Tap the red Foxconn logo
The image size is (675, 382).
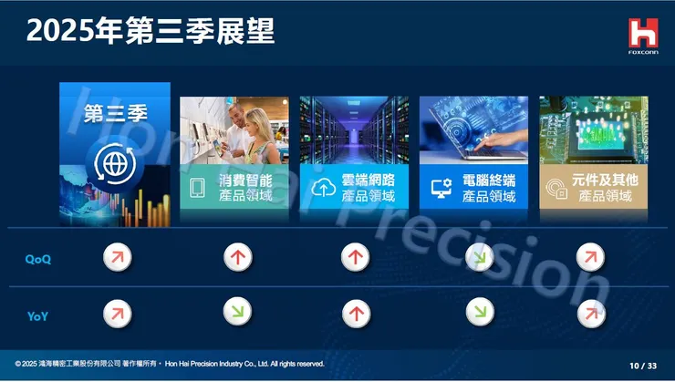pyautogui.click(x=642, y=34)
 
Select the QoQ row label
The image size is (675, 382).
pyautogui.click(x=37, y=260)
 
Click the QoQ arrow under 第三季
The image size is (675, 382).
pyautogui.click(x=115, y=258)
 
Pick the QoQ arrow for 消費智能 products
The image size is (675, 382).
pyautogui.click(x=237, y=258)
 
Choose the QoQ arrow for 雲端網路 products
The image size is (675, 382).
pyautogui.click(x=356, y=258)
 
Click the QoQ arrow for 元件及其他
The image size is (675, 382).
pyautogui.click(x=591, y=258)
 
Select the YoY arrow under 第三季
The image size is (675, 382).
pyautogui.click(x=115, y=314)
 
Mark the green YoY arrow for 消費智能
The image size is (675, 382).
pyautogui.click(x=237, y=314)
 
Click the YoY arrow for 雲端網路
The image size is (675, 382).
pyautogui.click(x=356, y=314)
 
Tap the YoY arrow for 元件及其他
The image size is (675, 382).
pyautogui.click(x=591, y=314)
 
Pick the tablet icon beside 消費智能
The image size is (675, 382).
pyautogui.click(x=197, y=188)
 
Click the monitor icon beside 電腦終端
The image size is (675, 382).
pyautogui.click(x=442, y=188)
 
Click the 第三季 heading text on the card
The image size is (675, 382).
pyautogui.click(x=115, y=115)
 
